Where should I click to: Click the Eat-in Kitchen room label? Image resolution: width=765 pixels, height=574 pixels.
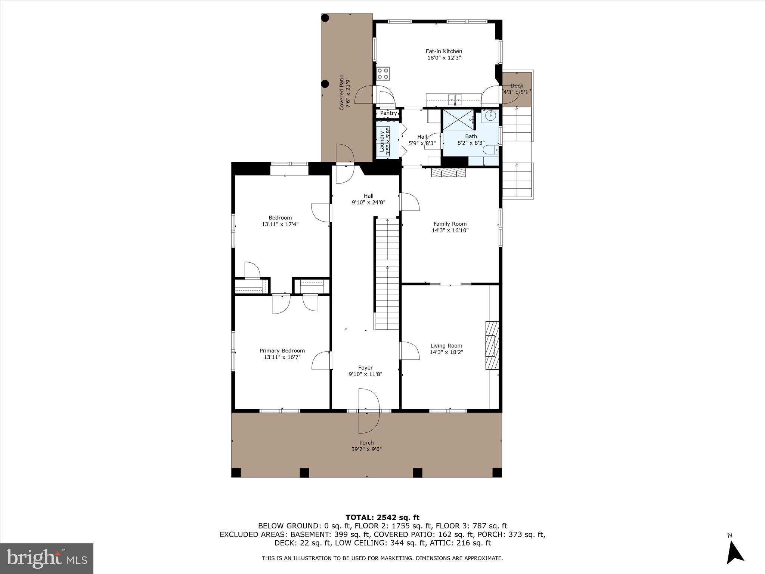pos(444,51)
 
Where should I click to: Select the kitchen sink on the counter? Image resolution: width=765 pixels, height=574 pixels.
pos(455,100)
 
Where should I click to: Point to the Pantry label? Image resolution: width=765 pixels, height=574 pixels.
pos(388,113)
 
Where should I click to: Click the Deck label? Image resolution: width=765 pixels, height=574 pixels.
pos(517,86)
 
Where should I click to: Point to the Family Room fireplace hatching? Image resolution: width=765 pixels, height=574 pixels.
pos(449,173)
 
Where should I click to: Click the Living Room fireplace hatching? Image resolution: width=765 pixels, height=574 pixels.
pos(492,345)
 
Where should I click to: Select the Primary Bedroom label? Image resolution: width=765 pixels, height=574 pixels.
pos(282,351)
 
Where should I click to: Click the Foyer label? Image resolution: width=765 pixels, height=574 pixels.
pos(365,368)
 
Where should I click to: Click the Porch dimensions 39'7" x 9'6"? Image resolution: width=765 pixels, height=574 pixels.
pos(366,449)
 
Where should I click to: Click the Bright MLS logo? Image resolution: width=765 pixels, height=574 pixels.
pos(47,558)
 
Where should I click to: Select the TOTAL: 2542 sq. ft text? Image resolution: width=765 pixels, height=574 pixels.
pos(382,518)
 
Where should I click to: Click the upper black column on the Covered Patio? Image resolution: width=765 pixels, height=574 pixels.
pos(325,18)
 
